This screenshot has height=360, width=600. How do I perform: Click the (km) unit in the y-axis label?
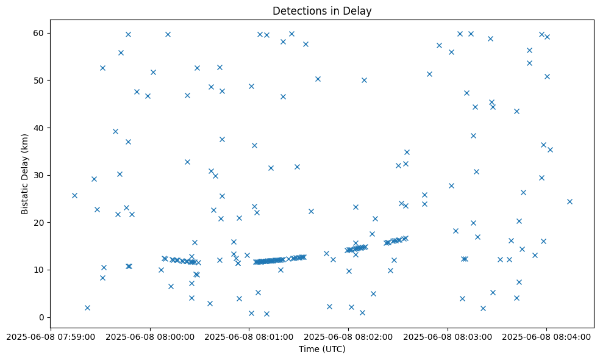(25, 142)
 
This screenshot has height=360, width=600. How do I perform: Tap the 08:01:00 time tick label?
(270, 336)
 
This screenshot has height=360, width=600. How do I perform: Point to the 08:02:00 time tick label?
(370, 336)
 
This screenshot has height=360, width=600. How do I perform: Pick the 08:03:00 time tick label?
(469, 336)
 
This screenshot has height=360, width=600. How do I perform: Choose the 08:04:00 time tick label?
(568, 336)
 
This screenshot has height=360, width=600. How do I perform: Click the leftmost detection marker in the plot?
(74, 195)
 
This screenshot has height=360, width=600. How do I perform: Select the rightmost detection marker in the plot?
(570, 201)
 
